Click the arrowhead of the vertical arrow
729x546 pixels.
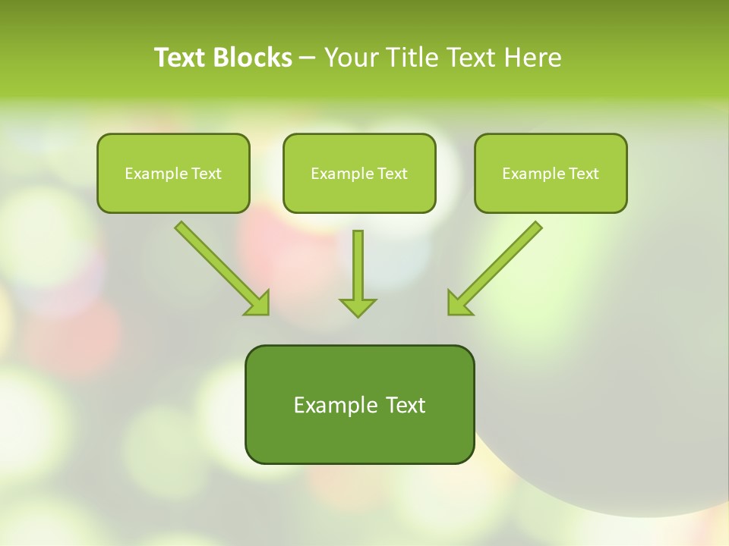pyautogui.click(x=358, y=306)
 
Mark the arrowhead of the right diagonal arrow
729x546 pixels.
pyautogui.click(x=458, y=303)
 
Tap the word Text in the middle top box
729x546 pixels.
pyautogui.click(x=393, y=174)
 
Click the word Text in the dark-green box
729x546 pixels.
pyautogui.click(x=407, y=405)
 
